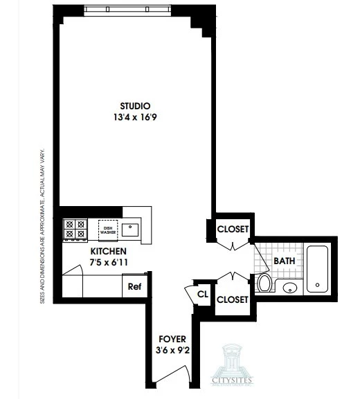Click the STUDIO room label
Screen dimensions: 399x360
[135, 106]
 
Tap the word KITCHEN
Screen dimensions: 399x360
[107, 251]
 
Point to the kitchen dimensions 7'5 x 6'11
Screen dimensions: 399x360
[107, 262]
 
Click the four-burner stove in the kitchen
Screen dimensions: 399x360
[75, 230]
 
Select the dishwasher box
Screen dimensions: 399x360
[107, 230]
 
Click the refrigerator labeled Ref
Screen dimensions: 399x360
[134, 286]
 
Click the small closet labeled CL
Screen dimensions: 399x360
[203, 293]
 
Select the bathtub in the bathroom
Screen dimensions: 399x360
[318, 267]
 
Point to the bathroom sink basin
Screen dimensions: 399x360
[291, 287]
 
